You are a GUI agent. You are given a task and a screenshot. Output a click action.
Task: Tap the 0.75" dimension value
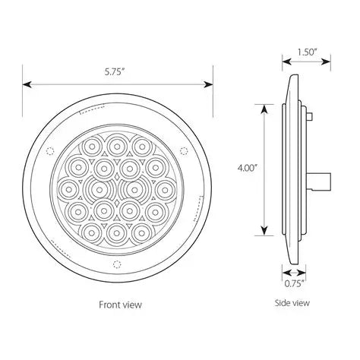(295, 283)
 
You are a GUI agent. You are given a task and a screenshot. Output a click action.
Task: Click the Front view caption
(120, 304)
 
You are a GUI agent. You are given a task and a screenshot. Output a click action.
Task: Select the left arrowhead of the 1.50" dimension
(285, 62)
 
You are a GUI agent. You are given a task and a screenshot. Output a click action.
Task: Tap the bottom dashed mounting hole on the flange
(115, 264)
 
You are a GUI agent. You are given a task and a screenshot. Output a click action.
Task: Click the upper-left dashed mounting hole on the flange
(49, 148)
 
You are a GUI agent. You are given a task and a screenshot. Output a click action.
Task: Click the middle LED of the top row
(117, 144)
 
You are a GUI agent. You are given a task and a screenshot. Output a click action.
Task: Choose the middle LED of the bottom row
(117, 231)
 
